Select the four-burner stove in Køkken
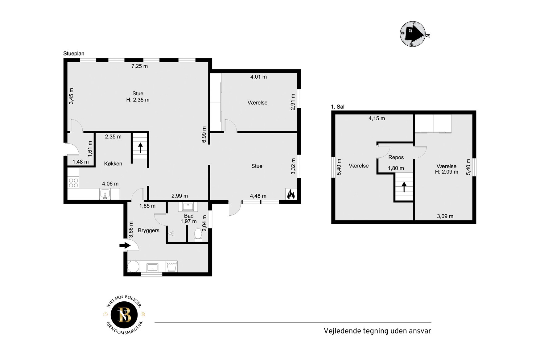pyautogui.click(x=73, y=183)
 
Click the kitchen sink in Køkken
pyautogui.click(x=105, y=194)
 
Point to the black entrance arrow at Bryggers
pyautogui.click(x=125, y=245)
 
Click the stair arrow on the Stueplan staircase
pyautogui.click(x=141, y=148)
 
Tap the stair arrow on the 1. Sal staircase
pyautogui.click(x=404, y=187)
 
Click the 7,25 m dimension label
pyautogui.click(x=139, y=66)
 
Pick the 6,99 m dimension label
pyautogui.click(x=204, y=135)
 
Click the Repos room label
pyautogui.click(x=396, y=157)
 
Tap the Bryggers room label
pyautogui.click(x=149, y=230)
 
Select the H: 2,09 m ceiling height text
pyautogui.click(x=447, y=172)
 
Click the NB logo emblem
pyautogui.click(x=125, y=315)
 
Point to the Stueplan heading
pyautogui.click(x=74, y=53)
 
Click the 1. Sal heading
pyautogui.click(x=338, y=107)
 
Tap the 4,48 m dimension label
pyautogui.click(x=258, y=196)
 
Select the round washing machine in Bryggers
pyautogui.click(x=133, y=267)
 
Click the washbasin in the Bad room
pyautogui.click(x=188, y=207)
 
